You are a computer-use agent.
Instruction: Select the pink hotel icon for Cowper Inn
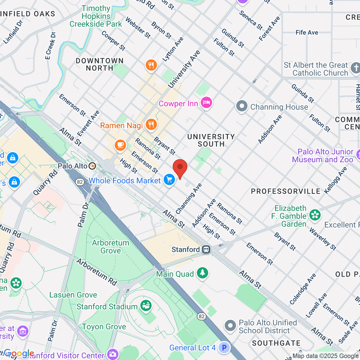click(206, 103)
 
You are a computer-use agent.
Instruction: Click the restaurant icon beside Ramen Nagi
click(151, 124)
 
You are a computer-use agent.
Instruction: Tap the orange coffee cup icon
click(120, 145)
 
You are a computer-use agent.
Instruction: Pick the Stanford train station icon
click(206, 249)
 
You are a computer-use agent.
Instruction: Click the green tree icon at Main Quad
click(202, 273)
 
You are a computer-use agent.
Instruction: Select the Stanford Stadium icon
click(146, 306)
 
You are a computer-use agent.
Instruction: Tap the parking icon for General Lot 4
click(224, 347)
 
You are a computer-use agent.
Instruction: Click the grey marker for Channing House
click(241, 106)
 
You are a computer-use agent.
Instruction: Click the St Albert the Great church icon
click(355, 68)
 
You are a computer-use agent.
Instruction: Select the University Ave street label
click(184, 69)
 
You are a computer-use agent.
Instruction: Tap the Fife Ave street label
click(307, 32)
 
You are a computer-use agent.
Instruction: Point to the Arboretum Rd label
click(97, 272)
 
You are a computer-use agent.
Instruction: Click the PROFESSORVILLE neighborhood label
click(286, 191)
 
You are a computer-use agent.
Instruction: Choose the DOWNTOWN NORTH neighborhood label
click(100, 64)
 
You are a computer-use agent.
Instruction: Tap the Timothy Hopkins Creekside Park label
click(96, 16)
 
